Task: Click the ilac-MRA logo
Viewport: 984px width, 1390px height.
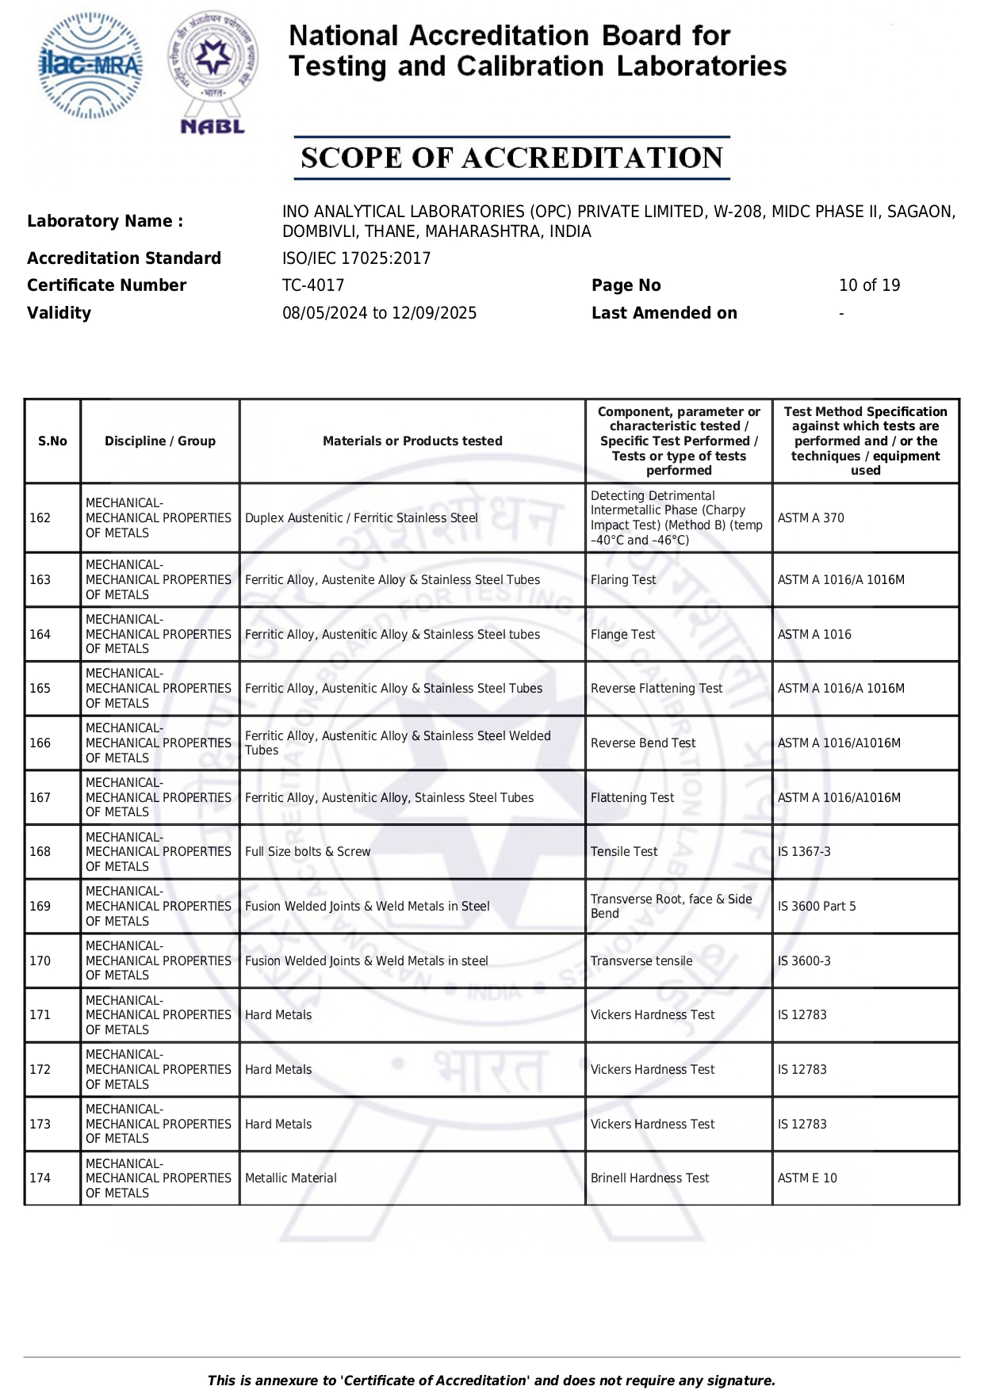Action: coord(90,66)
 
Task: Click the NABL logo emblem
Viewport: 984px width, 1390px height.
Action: coord(212,71)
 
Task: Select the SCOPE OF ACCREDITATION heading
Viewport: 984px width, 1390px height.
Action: coord(511,158)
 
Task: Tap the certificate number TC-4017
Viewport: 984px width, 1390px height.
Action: coord(313,285)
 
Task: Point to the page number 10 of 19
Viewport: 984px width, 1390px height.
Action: coord(869,285)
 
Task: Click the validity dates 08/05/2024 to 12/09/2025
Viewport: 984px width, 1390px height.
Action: coord(379,313)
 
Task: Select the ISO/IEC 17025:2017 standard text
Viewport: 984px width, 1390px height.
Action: coord(356,258)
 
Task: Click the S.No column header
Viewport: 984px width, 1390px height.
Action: coord(52,441)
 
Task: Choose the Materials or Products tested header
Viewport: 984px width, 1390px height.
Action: coord(412,441)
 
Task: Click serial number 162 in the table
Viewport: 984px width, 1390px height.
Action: coord(40,518)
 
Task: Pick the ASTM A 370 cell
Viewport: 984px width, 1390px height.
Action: coord(810,518)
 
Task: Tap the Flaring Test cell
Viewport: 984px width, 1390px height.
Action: coord(623,580)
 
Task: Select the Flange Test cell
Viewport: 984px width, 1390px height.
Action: coord(622,635)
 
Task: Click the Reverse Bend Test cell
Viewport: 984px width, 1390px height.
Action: coord(642,743)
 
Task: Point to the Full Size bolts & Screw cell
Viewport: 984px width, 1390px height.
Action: coord(308,852)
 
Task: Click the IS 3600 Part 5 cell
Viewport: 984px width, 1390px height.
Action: coord(817,907)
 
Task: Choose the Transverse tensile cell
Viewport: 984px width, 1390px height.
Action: coord(641,961)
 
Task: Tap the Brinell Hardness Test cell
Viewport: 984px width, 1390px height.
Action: coord(649,1178)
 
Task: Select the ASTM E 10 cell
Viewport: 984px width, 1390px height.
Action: coord(807,1178)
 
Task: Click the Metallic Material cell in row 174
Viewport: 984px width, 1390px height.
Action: coord(290,1178)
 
